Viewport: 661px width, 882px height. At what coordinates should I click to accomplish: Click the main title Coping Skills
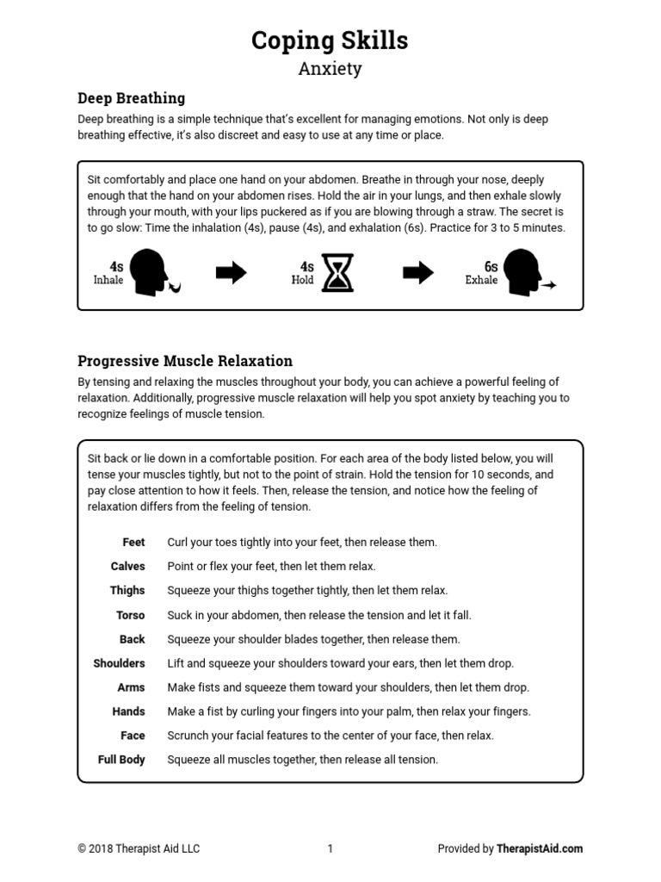(330, 40)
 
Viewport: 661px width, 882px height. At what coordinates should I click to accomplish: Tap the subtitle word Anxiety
(330, 69)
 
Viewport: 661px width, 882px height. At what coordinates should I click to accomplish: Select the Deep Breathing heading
(131, 98)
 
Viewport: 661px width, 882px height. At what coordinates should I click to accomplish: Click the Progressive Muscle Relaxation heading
(185, 361)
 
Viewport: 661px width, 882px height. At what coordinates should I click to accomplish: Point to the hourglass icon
(337, 273)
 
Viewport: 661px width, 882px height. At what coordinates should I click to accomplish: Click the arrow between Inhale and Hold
(231, 273)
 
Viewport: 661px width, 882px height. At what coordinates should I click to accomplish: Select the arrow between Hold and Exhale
(418, 273)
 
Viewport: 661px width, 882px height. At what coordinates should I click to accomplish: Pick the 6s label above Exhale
(491, 267)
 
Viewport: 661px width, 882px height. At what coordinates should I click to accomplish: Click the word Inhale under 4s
(108, 281)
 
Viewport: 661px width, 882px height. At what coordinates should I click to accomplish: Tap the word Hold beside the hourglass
(303, 281)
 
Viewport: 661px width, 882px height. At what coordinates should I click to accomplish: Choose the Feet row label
(133, 543)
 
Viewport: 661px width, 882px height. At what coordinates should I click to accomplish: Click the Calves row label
(127, 567)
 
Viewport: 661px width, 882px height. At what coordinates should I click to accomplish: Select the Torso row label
(130, 615)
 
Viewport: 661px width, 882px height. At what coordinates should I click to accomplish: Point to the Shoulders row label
(119, 663)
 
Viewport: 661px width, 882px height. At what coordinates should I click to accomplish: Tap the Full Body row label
(121, 760)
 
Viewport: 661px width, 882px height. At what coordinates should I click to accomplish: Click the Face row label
(133, 736)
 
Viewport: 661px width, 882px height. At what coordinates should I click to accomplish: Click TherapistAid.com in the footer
(540, 848)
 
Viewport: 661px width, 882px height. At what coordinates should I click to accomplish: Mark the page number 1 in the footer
(330, 848)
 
